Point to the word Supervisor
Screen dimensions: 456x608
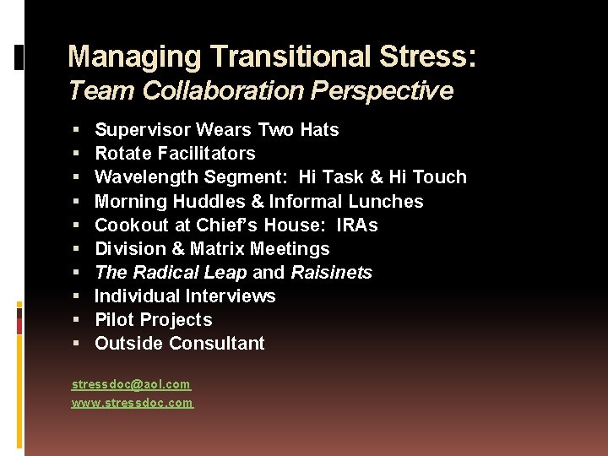pyautogui.click(x=142, y=130)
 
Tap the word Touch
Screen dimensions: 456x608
pyautogui.click(x=439, y=177)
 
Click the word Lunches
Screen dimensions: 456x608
pyautogui.click(x=389, y=201)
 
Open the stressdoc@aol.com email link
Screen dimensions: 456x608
pyautogui.click(x=131, y=385)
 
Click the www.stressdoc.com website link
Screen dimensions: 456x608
pyautogui.click(x=132, y=404)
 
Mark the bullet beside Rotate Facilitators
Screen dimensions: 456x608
pyautogui.click(x=76, y=154)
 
